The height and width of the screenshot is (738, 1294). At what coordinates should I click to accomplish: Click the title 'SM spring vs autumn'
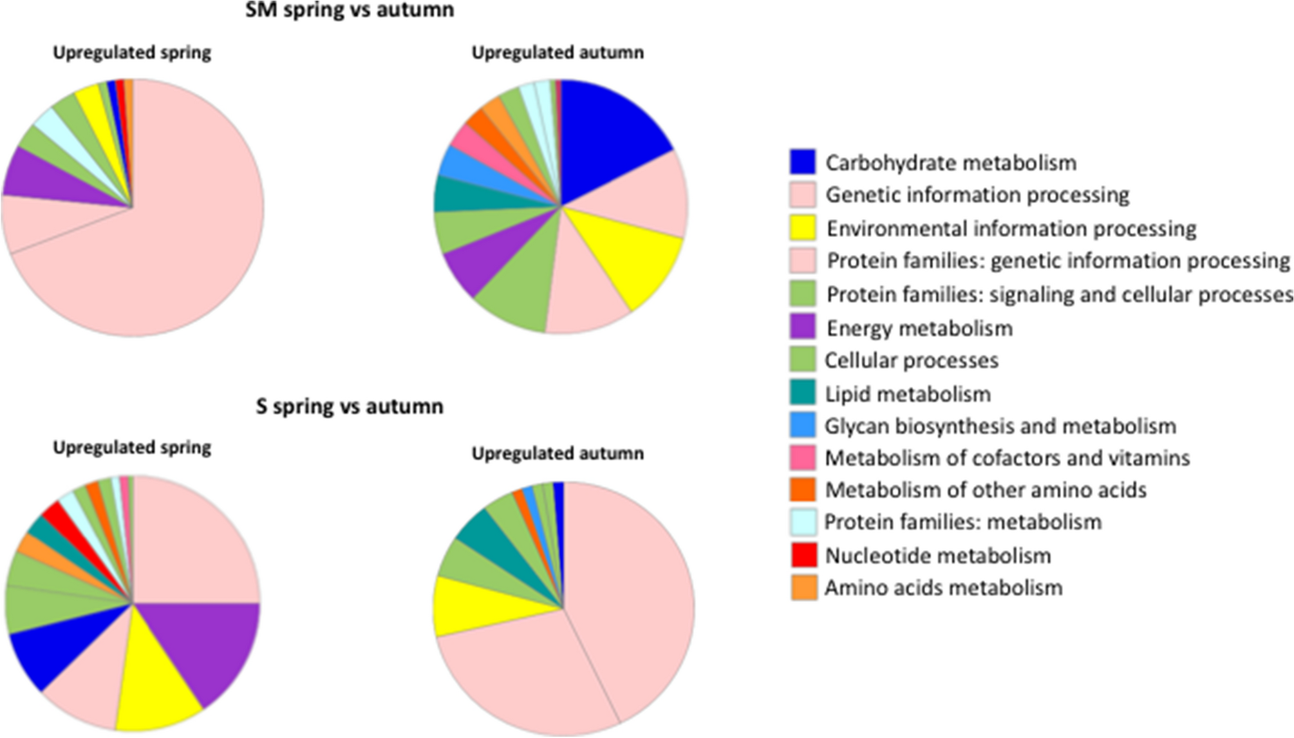(350, 10)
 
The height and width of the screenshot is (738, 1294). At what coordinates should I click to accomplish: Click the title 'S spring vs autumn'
(350, 406)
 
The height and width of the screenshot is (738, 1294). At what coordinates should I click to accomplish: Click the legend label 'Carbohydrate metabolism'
(950, 163)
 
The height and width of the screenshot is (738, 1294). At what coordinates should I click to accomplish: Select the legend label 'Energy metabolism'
(919, 328)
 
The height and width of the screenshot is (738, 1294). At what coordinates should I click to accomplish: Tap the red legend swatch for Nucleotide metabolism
(803, 555)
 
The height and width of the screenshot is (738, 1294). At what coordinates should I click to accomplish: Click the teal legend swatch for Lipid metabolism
(803, 393)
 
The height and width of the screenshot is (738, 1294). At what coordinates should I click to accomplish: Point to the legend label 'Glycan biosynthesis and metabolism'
(1000, 426)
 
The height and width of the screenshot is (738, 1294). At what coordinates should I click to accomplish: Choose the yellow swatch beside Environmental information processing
(803, 228)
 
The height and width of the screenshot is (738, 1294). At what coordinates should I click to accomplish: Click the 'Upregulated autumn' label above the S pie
(558, 453)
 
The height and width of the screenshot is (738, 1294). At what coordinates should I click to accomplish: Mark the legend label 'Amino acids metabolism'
(943, 588)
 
